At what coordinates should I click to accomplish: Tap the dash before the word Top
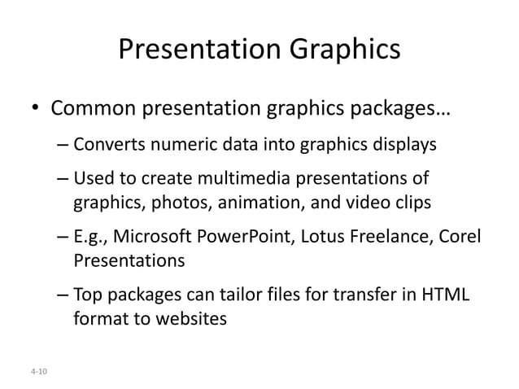point(63,295)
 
